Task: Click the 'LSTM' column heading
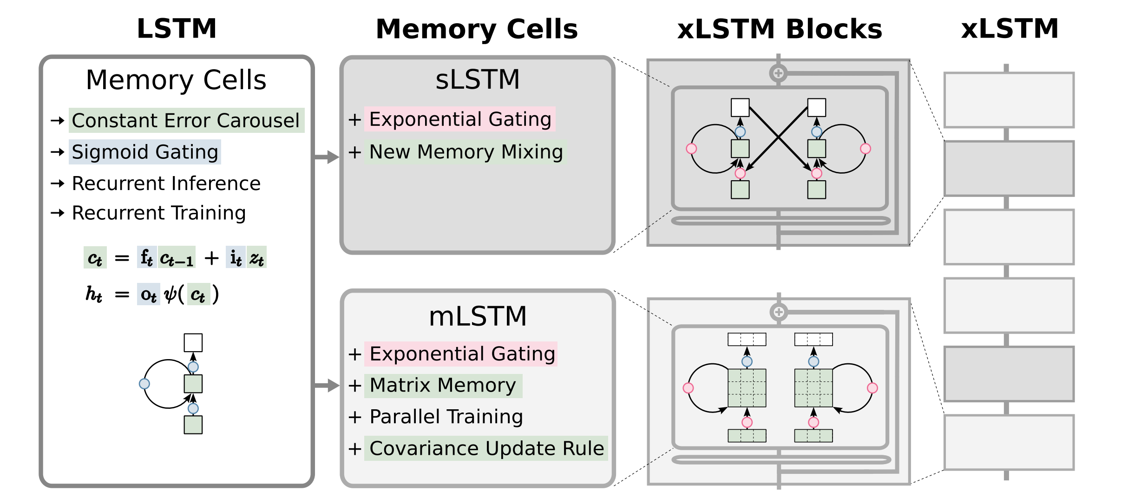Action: [x=177, y=29]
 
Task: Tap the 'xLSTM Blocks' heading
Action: [x=779, y=29]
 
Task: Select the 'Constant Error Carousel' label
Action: [x=186, y=121]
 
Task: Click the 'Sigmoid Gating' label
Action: [x=145, y=152]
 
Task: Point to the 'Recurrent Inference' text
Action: [x=166, y=183]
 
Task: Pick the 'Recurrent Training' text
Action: [x=158, y=213]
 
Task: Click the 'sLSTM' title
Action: [x=478, y=79]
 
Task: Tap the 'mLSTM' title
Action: [x=478, y=316]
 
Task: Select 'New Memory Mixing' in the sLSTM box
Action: [x=466, y=152]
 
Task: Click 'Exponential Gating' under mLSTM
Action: [x=462, y=354]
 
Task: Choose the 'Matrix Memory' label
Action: [x=442, y=386]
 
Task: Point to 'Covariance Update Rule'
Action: [x=486, y=449]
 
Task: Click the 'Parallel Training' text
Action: [x=446, y=417]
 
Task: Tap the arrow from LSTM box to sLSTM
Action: [x=327, y=157]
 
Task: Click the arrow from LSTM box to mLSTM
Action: [x=327, y=385]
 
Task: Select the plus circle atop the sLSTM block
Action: [x=778, y=73]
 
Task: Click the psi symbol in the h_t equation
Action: [x=171, y=295]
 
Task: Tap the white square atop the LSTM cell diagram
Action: [x=193, y=343]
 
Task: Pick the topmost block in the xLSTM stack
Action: [x=1009, y=100]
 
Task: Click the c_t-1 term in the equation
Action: [x=177, y=258]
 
